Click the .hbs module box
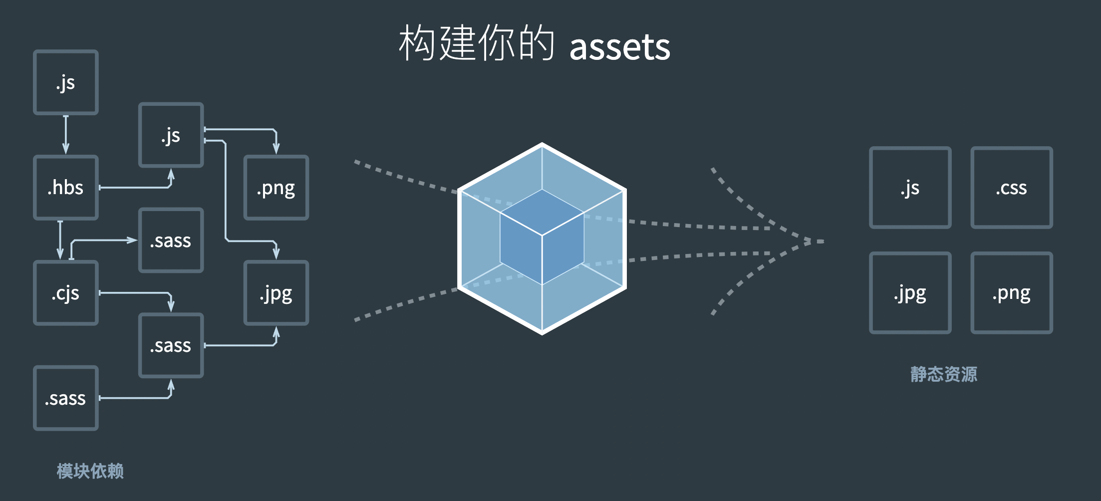click(x=66, y=188)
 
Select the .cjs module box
click(x=66, y=293)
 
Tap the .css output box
click(x=1012, y=188)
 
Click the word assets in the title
click(x=619, y=47)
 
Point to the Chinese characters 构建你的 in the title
click(x=477, y=43)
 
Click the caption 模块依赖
click(x=90, y=471)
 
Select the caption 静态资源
click(x=944, y=374)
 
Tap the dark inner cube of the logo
click(x=542, y=237)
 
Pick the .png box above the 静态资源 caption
click(x=1012, y=293)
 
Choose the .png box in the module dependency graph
click(x=276, y=188)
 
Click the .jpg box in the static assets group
click(x=910, y=293)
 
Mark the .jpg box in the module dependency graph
click(x=276, y=293)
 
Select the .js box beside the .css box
click(x=910, y=188)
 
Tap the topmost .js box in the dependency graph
click(x=66, y=82)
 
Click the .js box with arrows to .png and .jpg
click(x=171, y=135)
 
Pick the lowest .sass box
click(x=66, y=398)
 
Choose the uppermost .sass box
click(x=171, y=240)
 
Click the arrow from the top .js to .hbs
click(x=66, y=135)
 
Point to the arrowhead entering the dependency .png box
click(x=276, y=149)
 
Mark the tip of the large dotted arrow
click(x=824, y=242)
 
